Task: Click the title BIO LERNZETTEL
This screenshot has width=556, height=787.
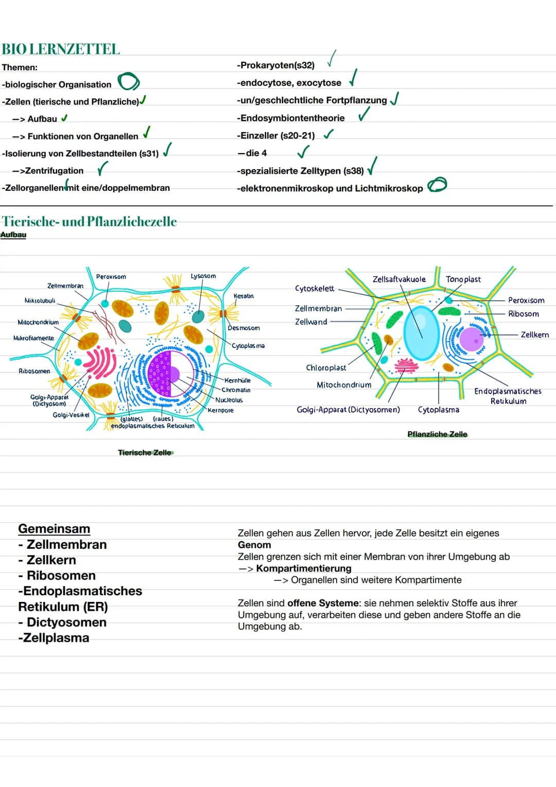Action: (x=61, y=49)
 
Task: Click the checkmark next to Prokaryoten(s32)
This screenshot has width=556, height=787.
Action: (x=332, y=59)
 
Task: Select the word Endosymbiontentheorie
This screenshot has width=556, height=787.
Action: (x=292, y=118)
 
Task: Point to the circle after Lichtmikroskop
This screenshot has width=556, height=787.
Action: (x=437, y=185)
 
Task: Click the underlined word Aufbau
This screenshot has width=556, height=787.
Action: (x=13, y=235)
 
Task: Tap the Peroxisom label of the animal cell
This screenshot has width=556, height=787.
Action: (x=111, y=277)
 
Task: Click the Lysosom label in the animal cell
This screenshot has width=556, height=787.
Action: (x=203, y=276)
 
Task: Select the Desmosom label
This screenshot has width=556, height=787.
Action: (x=244, y=328)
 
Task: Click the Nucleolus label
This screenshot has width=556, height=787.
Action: (x=229, y=400)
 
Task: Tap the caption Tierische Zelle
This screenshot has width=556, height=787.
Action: (x=145, y=453)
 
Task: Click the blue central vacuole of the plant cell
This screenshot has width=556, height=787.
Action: (x=422, y=332)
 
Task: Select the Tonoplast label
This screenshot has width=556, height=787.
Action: (x=463, y=279)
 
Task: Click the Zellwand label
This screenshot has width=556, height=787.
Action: (x=311, y=322)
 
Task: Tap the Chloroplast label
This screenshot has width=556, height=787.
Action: (x=326, y=367)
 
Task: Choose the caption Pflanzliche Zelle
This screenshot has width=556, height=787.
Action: (x=437, y=434)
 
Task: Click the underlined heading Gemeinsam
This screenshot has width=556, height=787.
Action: (x=54, y=529)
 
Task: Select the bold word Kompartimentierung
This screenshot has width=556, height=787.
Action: (x=304, y=568)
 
